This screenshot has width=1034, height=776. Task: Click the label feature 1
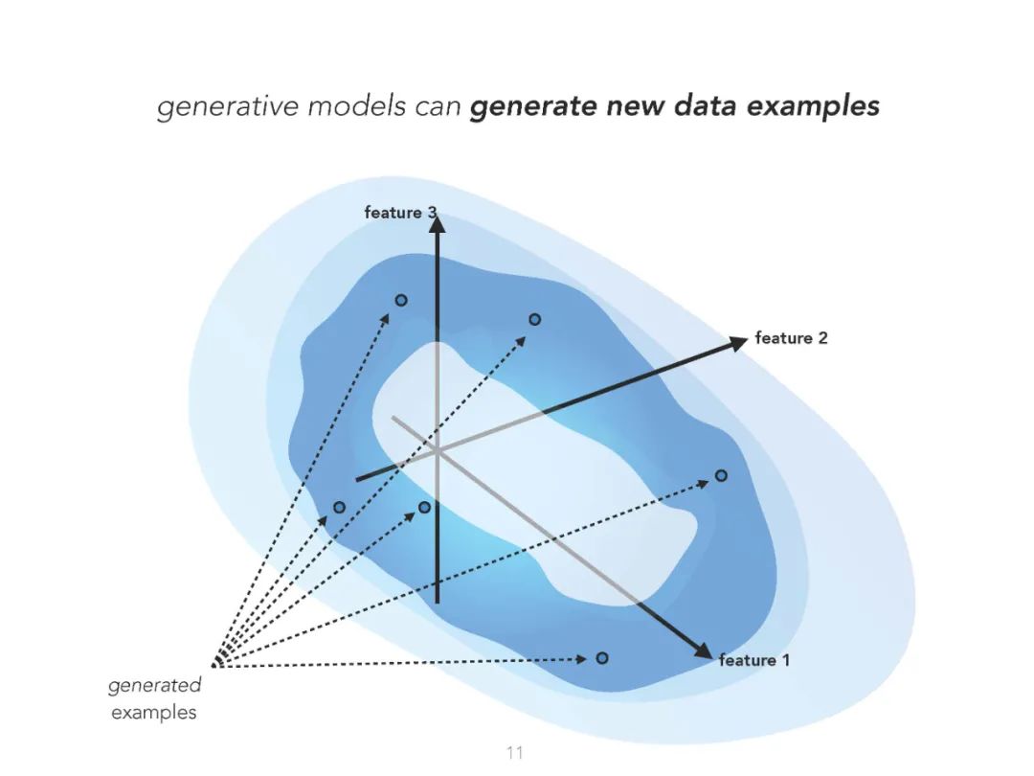754,660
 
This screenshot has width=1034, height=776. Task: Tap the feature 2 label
791,338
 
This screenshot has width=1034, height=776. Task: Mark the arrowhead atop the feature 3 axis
437,224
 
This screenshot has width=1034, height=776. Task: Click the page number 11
515,752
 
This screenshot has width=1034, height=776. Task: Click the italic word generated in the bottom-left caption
154,685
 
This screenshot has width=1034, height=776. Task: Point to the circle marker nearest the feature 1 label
602,658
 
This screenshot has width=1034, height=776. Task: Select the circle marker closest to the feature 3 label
401,300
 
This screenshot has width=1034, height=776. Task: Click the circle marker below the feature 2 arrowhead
721,475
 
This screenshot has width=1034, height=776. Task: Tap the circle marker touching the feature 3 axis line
425,507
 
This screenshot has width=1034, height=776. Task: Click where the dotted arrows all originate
214,664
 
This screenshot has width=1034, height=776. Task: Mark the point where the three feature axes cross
437,449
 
